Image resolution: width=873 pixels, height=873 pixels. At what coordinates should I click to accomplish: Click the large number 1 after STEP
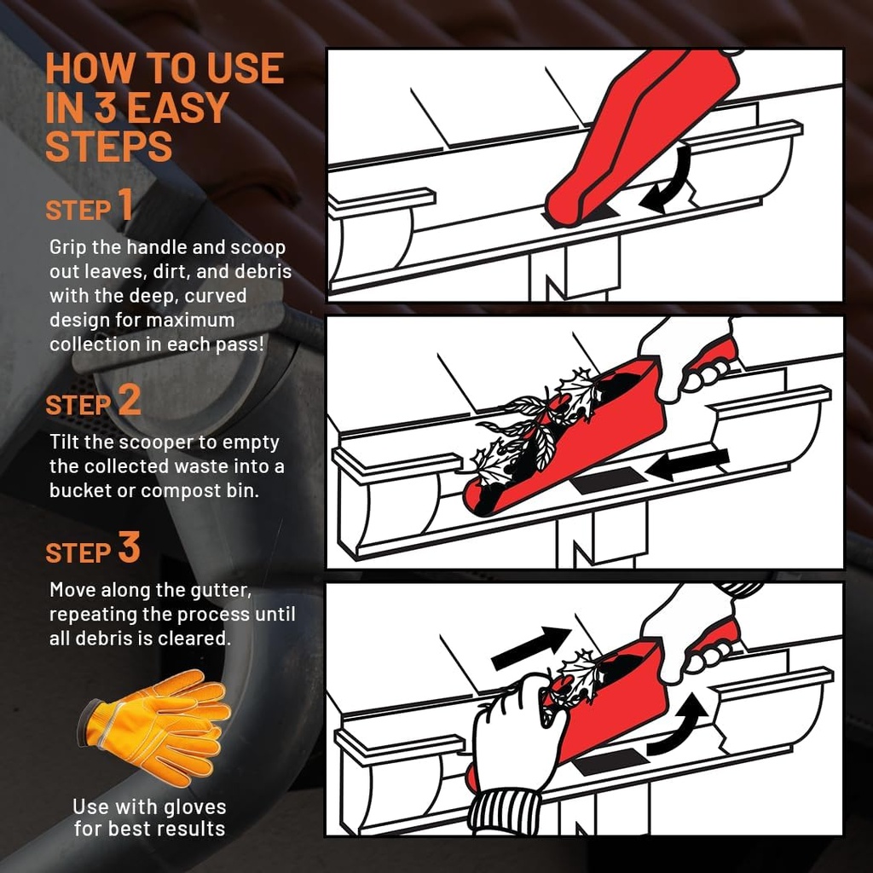point(125,205)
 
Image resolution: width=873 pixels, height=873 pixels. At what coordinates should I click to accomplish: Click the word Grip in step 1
point(68,247)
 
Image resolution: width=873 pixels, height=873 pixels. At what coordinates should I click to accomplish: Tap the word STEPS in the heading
point(108,147)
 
